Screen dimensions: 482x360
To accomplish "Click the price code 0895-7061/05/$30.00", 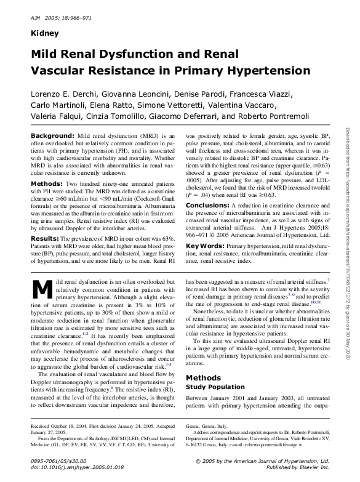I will point(60,461).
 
